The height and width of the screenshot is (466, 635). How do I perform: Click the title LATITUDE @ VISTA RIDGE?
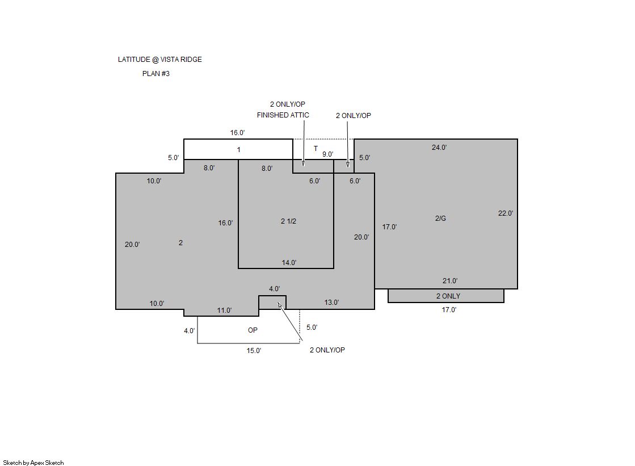pos(159,60)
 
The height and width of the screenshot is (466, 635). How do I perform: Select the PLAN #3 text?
pos(156,74)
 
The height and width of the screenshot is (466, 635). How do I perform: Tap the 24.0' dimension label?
pos(439,148)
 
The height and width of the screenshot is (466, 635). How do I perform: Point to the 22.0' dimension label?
pos(506,213)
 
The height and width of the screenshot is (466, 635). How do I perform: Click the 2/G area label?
pos(440,219)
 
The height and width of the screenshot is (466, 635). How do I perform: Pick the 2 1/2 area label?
pos(288,221)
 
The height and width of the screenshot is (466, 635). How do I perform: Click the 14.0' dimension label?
pos(289,263)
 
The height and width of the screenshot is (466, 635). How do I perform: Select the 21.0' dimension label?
pos(450,281)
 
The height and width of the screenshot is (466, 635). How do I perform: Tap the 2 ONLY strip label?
pos(448,296)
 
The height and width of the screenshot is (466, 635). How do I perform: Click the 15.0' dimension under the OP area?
pos(254,351)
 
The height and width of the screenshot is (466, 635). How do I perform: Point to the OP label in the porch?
pos(253,330)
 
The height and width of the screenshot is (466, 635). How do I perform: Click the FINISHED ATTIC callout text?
pos(283,115)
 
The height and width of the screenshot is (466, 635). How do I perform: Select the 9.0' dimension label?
pos(327,154)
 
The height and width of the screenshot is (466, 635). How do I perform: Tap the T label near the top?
pos(316,149)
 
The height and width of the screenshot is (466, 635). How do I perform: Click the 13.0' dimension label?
pos(331,303)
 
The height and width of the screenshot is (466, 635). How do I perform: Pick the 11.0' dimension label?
pos(224,310)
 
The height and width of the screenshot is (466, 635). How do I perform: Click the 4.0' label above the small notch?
pos(274,289)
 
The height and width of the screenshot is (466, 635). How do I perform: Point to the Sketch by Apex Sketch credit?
pos(33,463)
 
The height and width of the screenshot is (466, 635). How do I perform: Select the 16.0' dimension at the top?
pos(237,133)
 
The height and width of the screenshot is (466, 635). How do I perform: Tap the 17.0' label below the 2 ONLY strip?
pos(449,310)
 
